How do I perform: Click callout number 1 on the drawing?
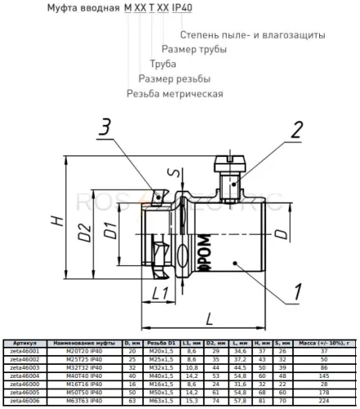point(298,290)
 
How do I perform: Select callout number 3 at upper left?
point(106,126)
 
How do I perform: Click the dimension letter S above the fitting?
point(170,173)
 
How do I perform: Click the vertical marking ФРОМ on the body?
point(200,253)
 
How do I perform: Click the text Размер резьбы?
point(174,79)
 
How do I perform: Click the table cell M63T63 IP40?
point(85,401)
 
